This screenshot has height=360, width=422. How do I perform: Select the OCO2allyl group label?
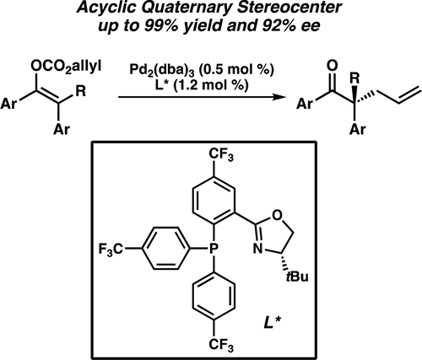point(67,67)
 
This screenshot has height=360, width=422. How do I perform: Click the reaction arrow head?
point(278,97)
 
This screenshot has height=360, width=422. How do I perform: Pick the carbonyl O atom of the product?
point(333,66)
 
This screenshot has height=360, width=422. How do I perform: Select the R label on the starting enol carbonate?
point(81,92)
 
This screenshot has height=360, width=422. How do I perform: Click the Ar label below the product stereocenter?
point(358,130)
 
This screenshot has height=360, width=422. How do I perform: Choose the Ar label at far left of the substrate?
point(8,104)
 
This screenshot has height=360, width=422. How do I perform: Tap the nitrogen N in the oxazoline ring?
point(257,249)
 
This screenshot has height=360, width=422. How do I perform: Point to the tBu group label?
point(297,277)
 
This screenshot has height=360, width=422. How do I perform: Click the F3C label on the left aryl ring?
point(111,249)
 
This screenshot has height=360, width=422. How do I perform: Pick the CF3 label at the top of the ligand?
point(221,155)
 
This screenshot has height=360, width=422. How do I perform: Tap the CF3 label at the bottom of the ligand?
point(221,345)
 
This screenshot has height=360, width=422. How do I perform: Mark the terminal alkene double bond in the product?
point(410,97)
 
